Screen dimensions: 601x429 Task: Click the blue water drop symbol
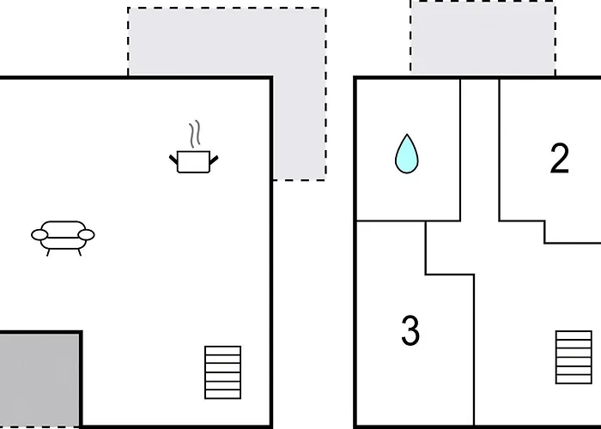tap(407, 154)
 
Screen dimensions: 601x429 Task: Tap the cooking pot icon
tap(194, 149)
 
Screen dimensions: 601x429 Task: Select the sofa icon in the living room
tap(63, 238)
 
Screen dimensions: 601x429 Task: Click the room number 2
tap(559, 158)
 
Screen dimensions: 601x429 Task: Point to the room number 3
tap(410, 330)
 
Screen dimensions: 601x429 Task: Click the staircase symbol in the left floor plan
tap(223, 372)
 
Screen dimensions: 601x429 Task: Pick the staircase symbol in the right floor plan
tap(574, 357)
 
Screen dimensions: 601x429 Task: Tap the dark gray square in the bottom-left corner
tap(39, 379)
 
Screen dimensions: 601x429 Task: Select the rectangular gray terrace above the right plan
tap(483, 38)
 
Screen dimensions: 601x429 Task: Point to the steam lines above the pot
tap(195, 134)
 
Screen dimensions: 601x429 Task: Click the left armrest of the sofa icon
tap(39, 235)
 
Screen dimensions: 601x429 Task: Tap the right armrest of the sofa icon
tap(86, 235)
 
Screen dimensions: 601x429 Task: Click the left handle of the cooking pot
tap(173, 160)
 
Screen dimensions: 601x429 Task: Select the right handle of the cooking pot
tap(214, 160)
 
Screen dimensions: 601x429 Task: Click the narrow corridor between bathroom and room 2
tap(480, 149)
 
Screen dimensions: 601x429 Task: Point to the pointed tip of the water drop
tap(407, 135)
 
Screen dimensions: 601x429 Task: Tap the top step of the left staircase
tap(223, 350)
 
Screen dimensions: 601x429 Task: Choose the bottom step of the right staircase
tap(574, 379)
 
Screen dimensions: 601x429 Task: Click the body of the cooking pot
tap(194, 162)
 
